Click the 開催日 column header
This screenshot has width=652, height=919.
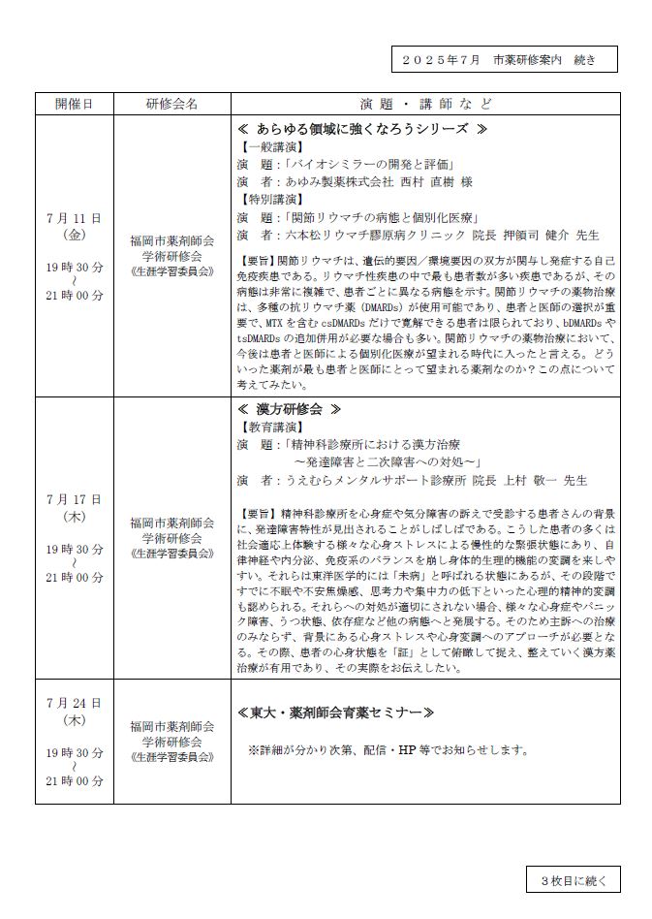point(75,104)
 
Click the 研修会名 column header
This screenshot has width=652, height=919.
point(172,104)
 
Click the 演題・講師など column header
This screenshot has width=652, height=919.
point(425,104)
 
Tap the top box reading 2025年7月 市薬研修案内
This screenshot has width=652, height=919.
point(505,60)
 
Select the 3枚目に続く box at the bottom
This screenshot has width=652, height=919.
point(573,880)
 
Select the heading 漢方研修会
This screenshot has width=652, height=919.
point(290,409)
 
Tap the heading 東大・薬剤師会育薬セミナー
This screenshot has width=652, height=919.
point(335,713)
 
